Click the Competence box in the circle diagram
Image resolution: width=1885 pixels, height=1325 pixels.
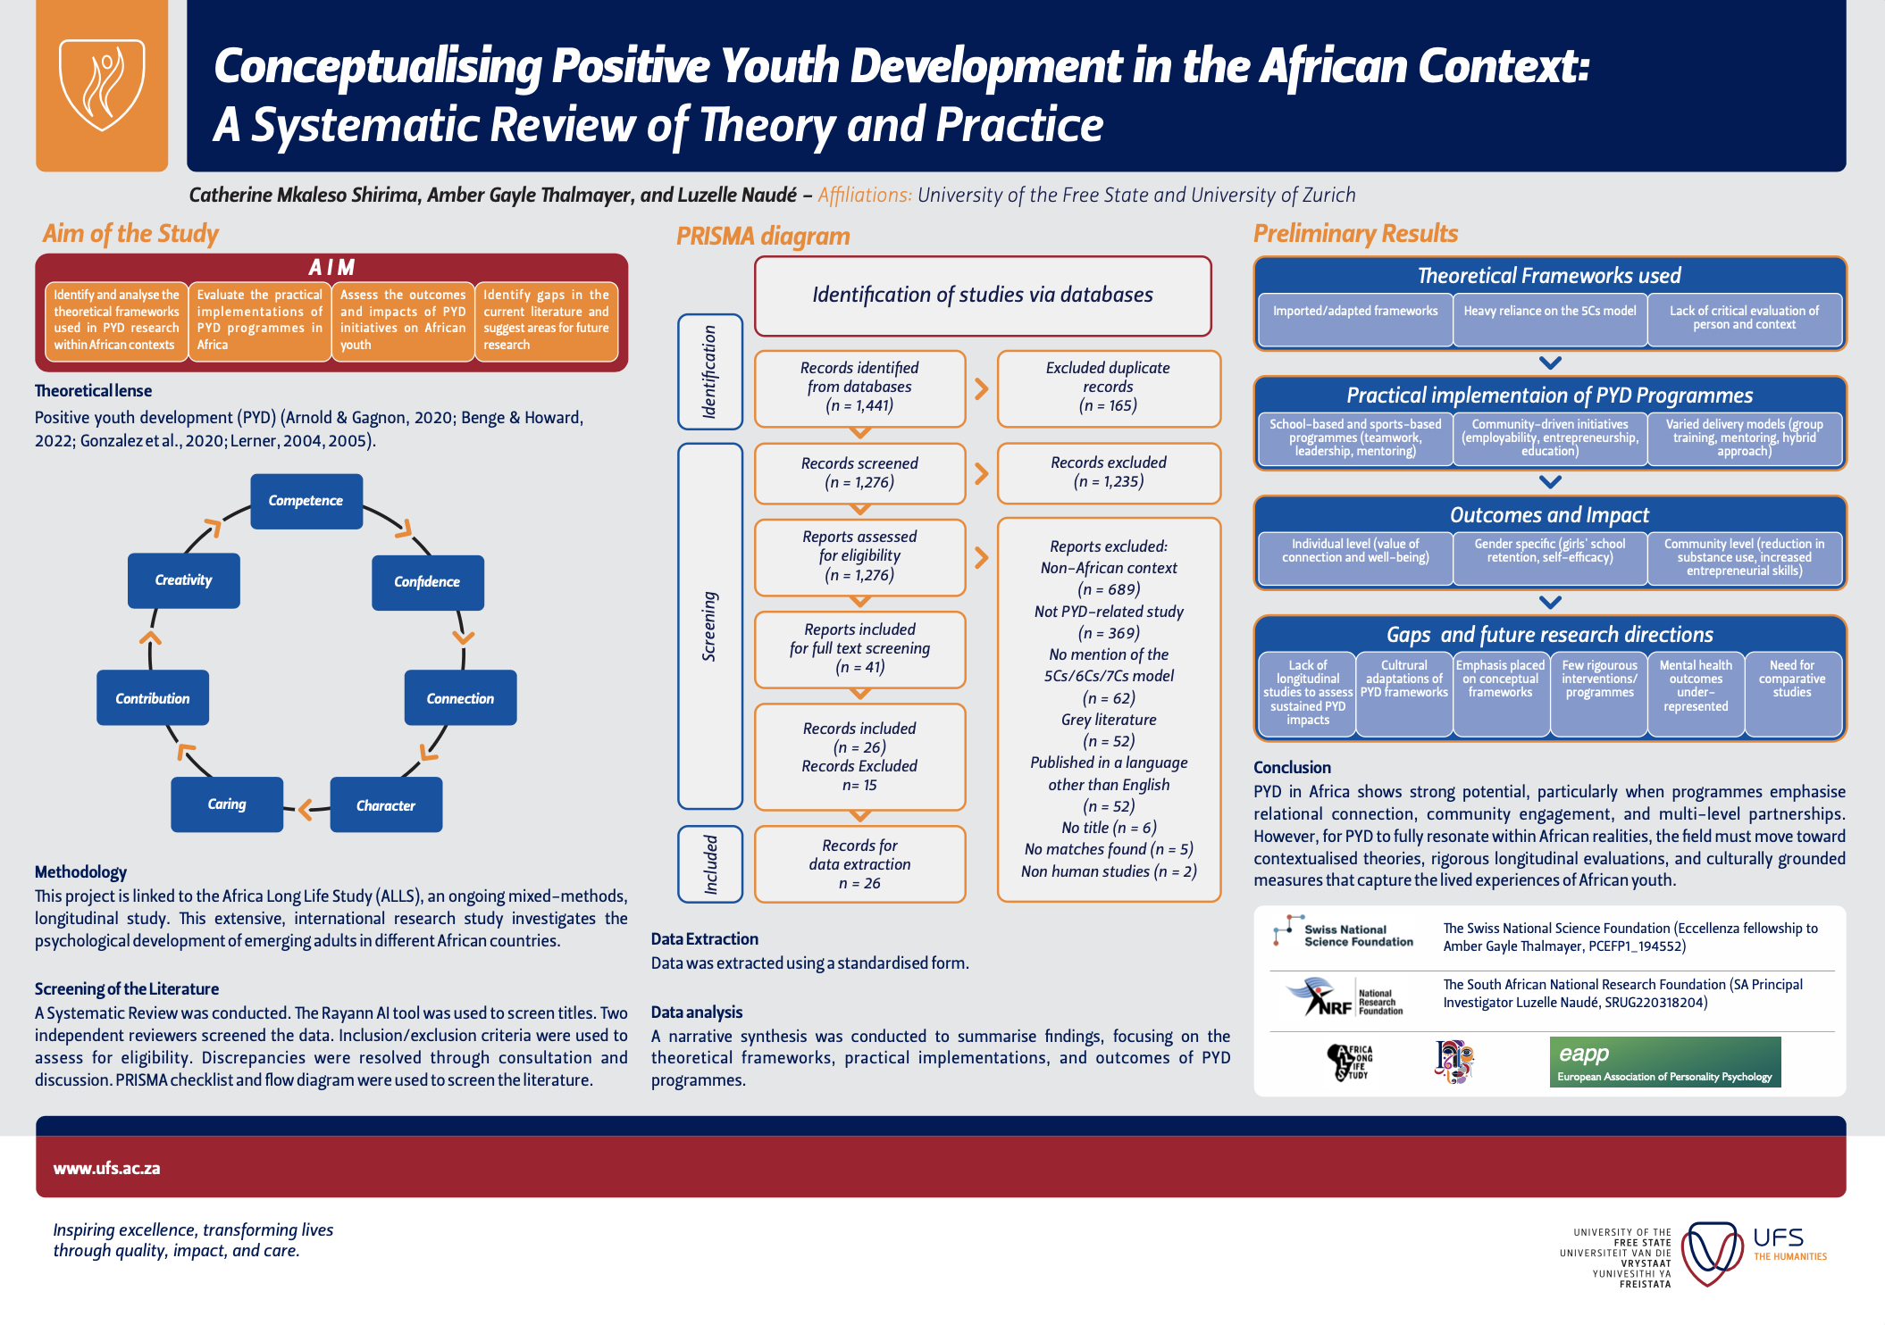pyautogui.click(x=306, y=501)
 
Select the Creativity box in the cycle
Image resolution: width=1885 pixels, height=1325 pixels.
pyautogui.click(x=183, y=580)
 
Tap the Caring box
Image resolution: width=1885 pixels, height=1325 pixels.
pyautogui.click(x=227, y=804)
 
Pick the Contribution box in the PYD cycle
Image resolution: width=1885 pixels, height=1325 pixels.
pyautogui.click(x=153, y=698)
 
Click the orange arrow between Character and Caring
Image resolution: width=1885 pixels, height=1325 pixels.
pyautogui.click(x=306, y=809)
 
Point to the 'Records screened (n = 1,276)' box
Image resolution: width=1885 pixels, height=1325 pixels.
pyautogui.click(x=859, y=473)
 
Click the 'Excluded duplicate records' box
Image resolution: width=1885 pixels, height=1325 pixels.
pyautogui.click(x=1108, y=387)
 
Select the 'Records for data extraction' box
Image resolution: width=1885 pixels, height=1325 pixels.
pyautogui.click(x=859, y=864)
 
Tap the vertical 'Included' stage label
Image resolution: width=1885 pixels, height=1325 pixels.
pyautogui.click(x=710, y=864)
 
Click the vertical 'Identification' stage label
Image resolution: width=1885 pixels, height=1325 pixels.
pyautogui.click(x=710, y=371)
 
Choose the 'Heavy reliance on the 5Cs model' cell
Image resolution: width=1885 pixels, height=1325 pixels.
pyautogui.click(x=1550, y=312)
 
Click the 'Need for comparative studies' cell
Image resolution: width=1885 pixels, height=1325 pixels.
pyautogui.click(x=1792, y=679)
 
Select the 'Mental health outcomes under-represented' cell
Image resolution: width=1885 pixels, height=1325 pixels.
pyautogui.click(x=1696, y=686)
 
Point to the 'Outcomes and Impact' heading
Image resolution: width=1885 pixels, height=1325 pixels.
pyautogui.click(x=1549, y=515)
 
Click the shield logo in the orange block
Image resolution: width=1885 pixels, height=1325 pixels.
pyautogui.click(x=102, y=85)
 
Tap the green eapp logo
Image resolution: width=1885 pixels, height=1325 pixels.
pyautogui.click(x=1665, y=1062)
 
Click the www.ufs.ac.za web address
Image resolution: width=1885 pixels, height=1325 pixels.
pyautogui.click(x=107, y=1169)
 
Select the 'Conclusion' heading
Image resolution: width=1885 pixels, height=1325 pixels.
pyautogui.click(x=1292, y=768)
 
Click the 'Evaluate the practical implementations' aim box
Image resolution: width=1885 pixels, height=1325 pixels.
pyautogui.click(x=259, y=320)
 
